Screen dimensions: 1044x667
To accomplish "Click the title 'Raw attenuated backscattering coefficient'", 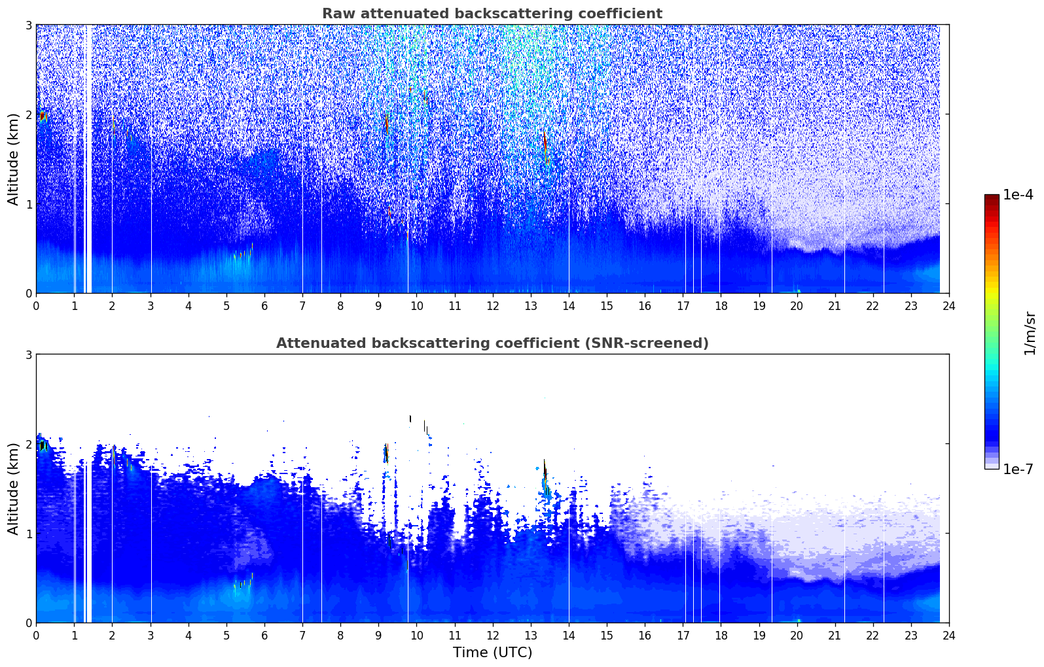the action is tap(492, 14).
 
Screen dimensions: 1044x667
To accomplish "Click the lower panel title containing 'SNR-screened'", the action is tap(492, 343).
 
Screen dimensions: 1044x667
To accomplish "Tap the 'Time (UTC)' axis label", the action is tap(492, 653).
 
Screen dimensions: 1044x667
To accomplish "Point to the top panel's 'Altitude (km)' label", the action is tap(13, 160).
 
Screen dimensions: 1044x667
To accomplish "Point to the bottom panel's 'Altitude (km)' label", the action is tap(13, 488).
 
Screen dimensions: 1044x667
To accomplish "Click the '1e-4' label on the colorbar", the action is tap(1018, 195).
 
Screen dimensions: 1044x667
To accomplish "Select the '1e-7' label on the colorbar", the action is tap(1018, 469).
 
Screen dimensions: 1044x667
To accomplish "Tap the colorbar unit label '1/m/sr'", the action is tap(1030, 333).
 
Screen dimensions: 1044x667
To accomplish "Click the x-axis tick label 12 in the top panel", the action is tap(493, 306).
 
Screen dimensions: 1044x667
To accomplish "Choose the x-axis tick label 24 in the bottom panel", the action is tap(949, 636).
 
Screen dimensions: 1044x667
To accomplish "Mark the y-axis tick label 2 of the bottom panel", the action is tap(28, 444).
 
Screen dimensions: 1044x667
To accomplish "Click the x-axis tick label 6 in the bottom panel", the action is tap(264, 636).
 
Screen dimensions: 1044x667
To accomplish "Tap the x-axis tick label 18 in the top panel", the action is tap(721, 306).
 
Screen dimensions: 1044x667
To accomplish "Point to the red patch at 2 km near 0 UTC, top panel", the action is tap(43, 116).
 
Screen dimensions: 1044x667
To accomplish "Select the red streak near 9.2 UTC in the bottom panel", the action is tap(387, 453).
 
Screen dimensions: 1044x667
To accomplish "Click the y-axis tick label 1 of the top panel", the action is tap(28, 204).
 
